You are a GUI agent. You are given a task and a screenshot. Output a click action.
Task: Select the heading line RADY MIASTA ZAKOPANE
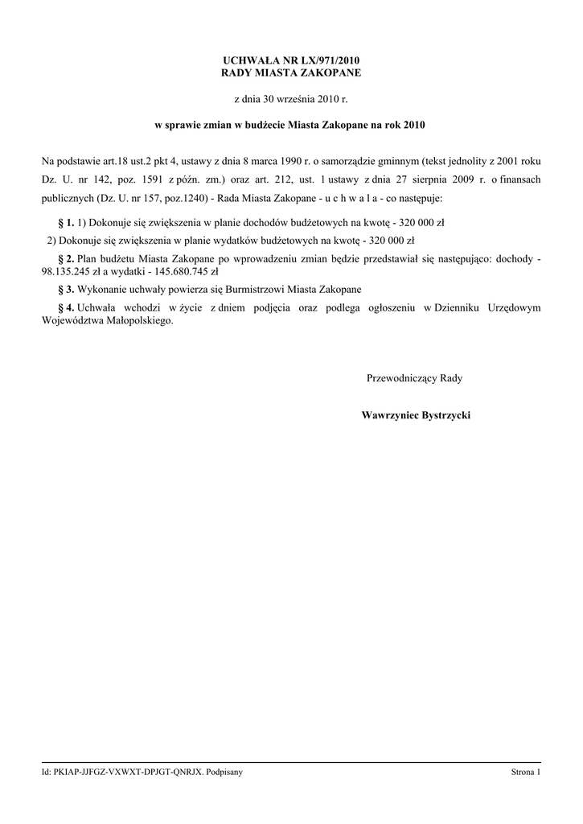pyautogui.click(x=291, y=73)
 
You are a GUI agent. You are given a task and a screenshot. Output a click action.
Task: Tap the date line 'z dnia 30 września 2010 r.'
pyautogui.click(x=291, y=100)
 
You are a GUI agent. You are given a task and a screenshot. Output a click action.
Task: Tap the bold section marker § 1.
pyautogui.click(x=67, y=221)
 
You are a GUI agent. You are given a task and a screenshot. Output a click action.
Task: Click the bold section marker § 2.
pyautogui.click(x=67, y=258)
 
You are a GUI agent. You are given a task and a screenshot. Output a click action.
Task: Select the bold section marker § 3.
pyautogui.click(x=67, y=289)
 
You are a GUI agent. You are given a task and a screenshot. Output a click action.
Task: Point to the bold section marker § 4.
pyautogui.click(x=67, y=307)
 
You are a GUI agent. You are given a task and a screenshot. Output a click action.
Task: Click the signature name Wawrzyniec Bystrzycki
pyautogui.click(x=416, y=415)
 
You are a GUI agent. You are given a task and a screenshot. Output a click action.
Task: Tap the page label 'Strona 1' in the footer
pyautogui.click(x=526, y=772)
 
